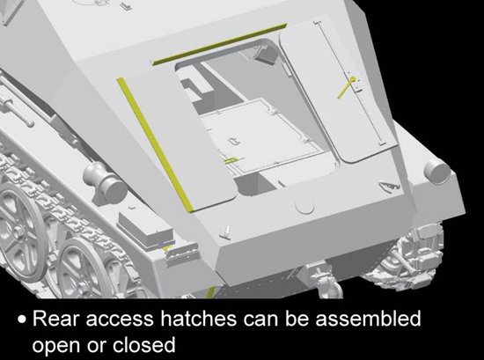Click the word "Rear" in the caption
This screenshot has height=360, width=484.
55,319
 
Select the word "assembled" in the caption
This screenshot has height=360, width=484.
368,319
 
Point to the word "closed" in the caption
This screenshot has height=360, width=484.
143,344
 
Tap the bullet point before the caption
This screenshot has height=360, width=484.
22,320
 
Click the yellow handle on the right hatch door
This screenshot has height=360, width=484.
347,87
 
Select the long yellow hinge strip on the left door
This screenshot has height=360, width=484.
154,144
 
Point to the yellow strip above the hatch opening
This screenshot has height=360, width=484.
220,44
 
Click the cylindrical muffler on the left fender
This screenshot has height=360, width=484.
106,183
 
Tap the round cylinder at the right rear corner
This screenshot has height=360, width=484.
436,173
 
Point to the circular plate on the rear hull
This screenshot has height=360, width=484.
304,205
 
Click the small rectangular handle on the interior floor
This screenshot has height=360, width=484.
234,142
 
